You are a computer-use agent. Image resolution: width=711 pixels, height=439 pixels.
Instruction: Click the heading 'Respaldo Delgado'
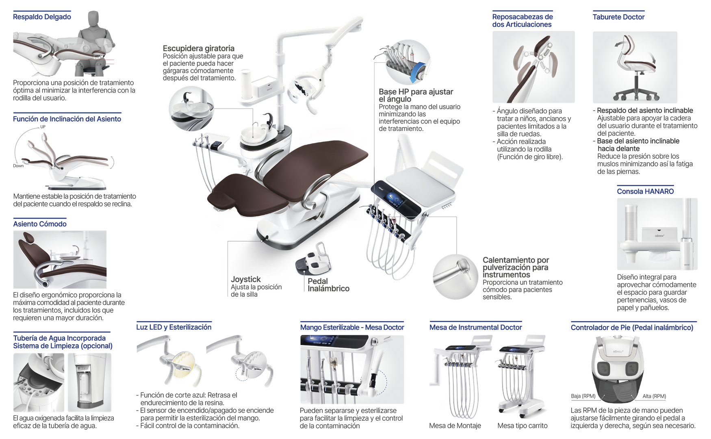pos(42,17)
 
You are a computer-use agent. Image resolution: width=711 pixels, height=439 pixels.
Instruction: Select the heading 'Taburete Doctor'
pos(618,17)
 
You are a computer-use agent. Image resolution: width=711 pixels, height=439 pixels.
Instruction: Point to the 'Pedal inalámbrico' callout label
pos(328,285)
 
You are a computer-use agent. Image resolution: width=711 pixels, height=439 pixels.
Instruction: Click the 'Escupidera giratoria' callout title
pos(199,48)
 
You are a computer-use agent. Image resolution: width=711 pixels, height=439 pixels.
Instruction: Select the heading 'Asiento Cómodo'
pos(40,224)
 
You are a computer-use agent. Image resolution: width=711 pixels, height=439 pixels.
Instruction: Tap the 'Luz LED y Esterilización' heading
pos(173,327)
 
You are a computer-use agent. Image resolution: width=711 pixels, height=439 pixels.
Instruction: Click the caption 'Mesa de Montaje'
pos(455,426)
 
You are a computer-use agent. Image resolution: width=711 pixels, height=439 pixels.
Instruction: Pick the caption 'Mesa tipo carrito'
pos(522,426)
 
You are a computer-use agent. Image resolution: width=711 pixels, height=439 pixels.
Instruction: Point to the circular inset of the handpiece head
pos(455,276)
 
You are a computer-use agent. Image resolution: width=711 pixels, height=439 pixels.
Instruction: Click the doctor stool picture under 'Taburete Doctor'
pos(635,67)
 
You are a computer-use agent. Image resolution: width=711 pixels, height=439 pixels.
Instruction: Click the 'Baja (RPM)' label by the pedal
pos(583,396)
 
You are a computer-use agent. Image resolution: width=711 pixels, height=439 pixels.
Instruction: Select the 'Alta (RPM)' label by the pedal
pos(654,396)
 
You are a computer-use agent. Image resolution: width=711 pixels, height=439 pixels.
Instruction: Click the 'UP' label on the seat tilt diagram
pos(43,127)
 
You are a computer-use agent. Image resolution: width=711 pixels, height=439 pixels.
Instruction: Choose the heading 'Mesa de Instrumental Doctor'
pos(475,327)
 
